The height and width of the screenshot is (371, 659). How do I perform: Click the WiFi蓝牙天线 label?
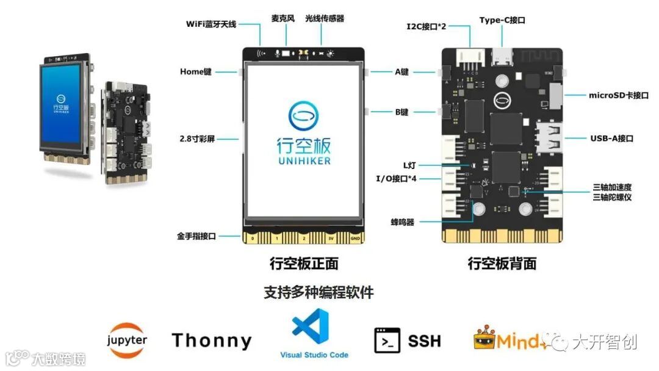pos(211,24)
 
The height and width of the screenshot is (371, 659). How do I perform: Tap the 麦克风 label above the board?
pos(283,18)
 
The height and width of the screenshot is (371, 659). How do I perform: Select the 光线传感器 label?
pos(325,18)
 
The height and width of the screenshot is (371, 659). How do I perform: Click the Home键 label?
pos(195,71)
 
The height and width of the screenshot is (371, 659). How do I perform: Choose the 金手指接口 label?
pos(196,235)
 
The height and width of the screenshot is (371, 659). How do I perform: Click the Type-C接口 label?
pos(503,20)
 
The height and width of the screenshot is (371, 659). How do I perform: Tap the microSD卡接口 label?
pos(619,95)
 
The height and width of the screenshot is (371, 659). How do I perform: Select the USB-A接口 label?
pos(611,139)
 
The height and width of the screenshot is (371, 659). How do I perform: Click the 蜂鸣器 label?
pos(403,222)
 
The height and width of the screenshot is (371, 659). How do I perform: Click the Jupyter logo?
pos(127,339)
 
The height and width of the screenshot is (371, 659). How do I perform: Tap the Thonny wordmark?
pos(211,340)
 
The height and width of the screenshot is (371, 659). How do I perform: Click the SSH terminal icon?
pos(387,340)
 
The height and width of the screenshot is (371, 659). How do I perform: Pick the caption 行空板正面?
pos(303,264)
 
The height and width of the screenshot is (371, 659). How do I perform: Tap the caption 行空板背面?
pos(502,264)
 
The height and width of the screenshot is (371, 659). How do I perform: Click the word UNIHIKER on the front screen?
pos(304,161)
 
